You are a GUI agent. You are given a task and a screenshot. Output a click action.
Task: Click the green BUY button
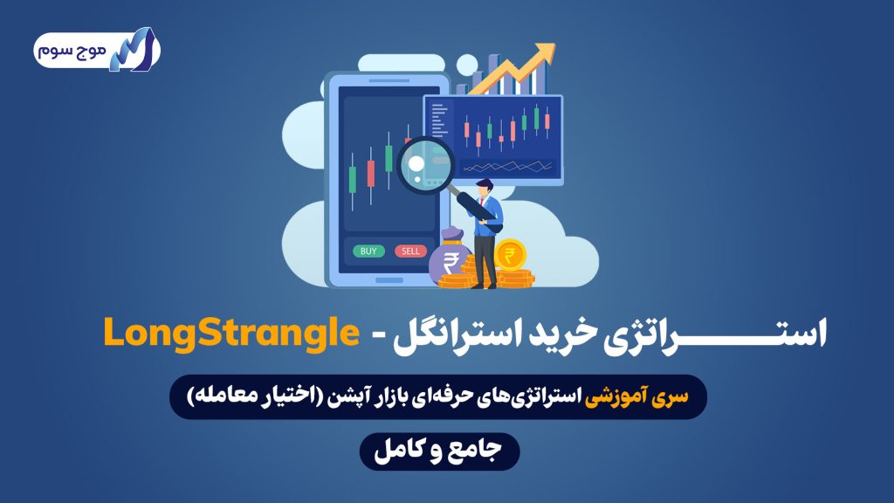click(368, 251)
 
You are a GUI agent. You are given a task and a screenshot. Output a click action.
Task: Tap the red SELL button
click(410, 251)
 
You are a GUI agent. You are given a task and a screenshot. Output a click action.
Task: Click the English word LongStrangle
click(231, 334)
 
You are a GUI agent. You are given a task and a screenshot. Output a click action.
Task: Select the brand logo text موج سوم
click(72, 50)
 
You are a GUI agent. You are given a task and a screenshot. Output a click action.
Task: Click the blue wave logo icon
click(134, 50)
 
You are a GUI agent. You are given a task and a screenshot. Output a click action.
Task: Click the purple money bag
click(450, 256)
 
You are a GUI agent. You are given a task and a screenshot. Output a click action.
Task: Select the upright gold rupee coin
click(510, 254)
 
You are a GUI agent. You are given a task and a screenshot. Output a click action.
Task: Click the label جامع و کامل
click(438, 450)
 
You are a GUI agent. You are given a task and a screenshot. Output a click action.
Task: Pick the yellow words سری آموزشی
click(636, 396)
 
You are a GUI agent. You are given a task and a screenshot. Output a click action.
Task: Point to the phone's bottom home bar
click(389, 280)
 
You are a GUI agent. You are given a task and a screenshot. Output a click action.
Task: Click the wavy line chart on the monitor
click(507, 167)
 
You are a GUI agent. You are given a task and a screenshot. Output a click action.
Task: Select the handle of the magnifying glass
click(472, 205)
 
